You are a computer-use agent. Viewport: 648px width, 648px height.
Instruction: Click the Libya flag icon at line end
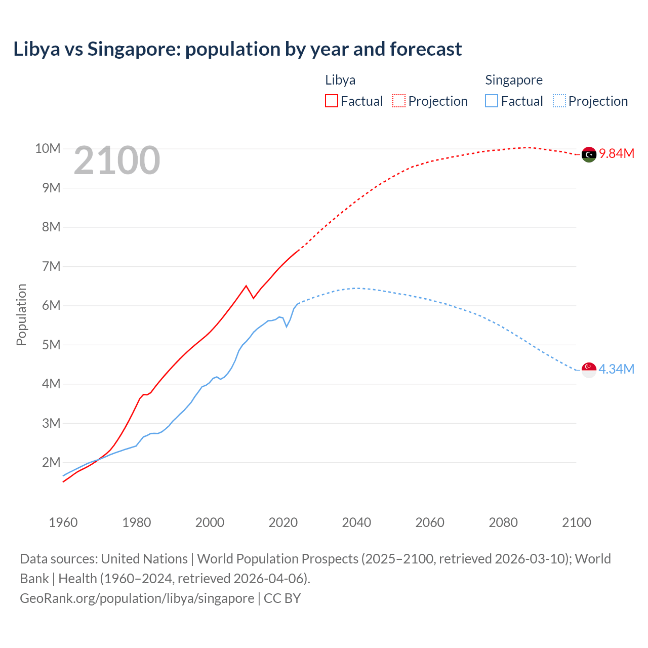[589, 154]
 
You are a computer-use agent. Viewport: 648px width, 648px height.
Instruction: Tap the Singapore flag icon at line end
[589, 370]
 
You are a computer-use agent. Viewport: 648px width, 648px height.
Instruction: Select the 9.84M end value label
[617, 153]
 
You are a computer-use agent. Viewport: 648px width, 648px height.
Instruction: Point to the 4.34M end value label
[616, 369]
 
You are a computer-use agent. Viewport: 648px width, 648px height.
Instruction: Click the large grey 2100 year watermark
[117, 160]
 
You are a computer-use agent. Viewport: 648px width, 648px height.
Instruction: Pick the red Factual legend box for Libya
[331, 101]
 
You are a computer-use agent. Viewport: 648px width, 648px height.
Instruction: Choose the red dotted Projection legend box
[399, 101]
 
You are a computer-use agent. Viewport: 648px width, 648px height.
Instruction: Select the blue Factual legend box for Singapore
[492, 101]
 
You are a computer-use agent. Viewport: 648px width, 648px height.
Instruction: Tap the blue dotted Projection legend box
[559, 101]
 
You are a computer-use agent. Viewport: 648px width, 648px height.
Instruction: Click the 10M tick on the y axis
[48, 148]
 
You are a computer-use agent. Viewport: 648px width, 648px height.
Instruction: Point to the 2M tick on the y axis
[51, 462]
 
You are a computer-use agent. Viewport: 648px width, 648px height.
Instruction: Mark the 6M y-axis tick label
[51, 305]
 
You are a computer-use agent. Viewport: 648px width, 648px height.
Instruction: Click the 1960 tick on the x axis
[63, 522]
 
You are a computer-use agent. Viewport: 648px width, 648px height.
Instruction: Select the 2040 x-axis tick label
[356, 522]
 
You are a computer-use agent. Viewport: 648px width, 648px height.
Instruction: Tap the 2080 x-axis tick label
[503, 522]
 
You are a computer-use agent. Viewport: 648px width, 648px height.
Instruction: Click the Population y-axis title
[21, 314]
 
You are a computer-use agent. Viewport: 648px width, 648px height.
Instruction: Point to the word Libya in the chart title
[36, 49]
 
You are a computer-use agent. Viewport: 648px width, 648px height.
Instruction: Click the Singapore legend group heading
[514, 80]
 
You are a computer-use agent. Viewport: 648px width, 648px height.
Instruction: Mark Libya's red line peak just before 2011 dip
[246, 286]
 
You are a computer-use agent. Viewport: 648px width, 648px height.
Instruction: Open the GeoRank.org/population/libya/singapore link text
[137, 598]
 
